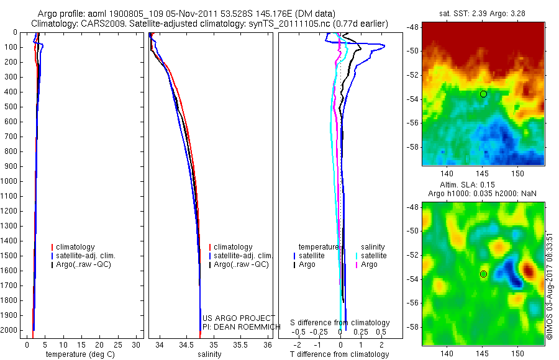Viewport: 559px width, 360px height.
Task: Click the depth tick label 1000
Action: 11,181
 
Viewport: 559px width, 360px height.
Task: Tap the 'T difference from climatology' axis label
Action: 339,355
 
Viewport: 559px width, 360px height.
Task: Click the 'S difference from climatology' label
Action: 340,323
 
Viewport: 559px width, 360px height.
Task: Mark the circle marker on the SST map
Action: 483,94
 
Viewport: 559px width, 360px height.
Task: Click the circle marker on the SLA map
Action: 483,274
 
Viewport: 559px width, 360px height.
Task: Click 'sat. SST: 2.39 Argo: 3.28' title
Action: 483,12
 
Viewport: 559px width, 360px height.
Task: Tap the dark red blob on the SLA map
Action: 529,271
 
